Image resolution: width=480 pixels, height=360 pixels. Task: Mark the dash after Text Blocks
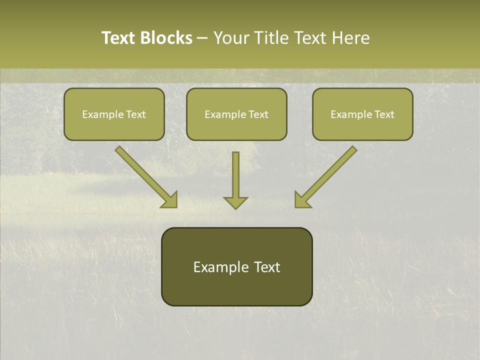point(202,38)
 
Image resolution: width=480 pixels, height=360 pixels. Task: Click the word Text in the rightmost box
point(384,114)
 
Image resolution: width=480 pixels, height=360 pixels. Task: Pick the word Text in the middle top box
point(258,114)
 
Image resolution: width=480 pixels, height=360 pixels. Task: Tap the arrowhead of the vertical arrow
point(235,202)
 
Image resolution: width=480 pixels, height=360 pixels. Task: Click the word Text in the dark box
point(266,267)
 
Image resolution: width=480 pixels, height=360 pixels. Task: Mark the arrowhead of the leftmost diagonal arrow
point(170,200)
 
